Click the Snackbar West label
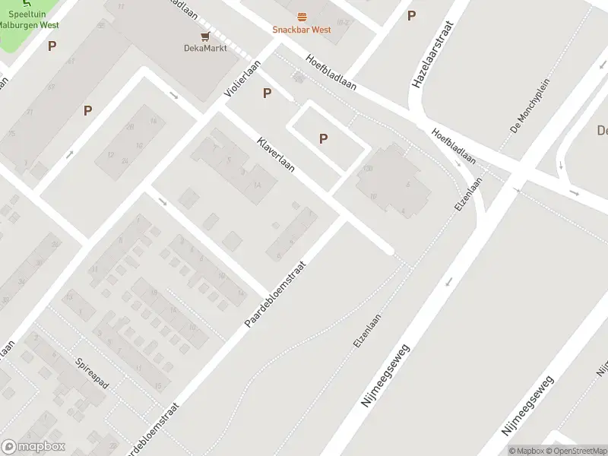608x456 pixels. pyautogui.click(x=302, y=30)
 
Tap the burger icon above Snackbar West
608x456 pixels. pyautogui.click(x=302, y=17)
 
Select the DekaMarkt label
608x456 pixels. pyautogui.click(x=204, y=48)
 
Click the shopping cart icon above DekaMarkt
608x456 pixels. pyautogui.click(x=204, y=36)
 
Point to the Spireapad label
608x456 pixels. pyautogui.click(x=92, y=373)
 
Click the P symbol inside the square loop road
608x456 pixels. pyautogui.click(x=324, y=138)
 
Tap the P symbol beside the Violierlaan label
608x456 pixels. pyautogui.click(x=267, y=93)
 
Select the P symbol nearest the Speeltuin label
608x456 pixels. pyautogui.click(x=52, y=46)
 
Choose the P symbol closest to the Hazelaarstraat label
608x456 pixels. pyautogui.click(x=411, y=15)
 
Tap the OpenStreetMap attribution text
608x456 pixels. pyautogui.click(x=575, y=451)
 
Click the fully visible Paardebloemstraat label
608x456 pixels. pyautogui.click(x=274, y=296)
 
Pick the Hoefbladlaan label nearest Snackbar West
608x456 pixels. pyautogui.click(x=331, y=72)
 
